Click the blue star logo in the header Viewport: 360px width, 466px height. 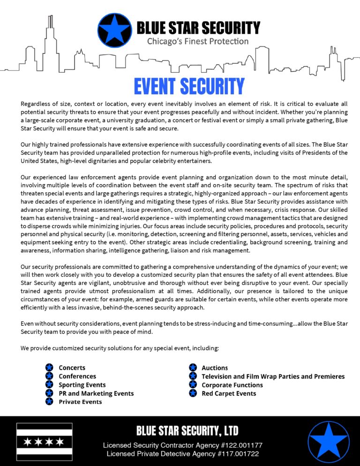(115, 31)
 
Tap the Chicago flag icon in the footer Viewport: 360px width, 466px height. (45, 442)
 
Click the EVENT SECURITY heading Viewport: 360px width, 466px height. (189, 86)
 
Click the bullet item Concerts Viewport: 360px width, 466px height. (72, 368)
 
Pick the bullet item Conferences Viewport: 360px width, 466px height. (77, 376)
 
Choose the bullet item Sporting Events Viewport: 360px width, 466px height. (82, 384)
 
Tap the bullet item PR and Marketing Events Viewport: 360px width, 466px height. (96, 393)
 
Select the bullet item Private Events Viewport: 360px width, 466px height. (80, 401)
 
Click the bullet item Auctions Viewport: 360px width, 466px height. (215, 368)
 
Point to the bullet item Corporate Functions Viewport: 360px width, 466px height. (232, 384)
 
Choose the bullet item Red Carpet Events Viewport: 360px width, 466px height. (229, 393)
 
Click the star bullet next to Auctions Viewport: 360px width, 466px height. (193, 368)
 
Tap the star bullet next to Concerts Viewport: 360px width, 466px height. (49, 368)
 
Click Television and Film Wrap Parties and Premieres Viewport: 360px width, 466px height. (273, 376)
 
